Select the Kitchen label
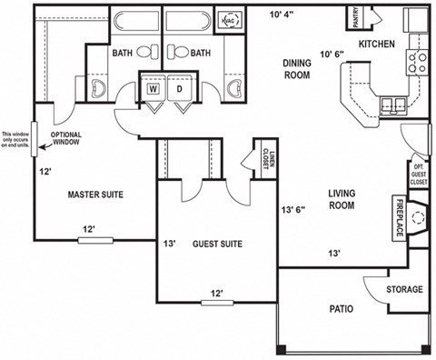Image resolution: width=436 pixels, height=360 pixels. tap(376, 44)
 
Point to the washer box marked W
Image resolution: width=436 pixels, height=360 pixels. tap(154, 90)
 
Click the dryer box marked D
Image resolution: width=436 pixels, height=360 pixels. tap(179, 90)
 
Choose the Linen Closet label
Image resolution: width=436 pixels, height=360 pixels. tap(265, 161)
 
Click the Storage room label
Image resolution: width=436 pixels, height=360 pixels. tap(404, 289)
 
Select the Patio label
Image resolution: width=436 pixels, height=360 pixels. tap(341, 309)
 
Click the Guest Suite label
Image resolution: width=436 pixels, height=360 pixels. tap(215, 244)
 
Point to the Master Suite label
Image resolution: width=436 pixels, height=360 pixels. tap(96, 195)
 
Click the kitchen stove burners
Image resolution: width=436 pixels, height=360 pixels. tap(418, 62)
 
